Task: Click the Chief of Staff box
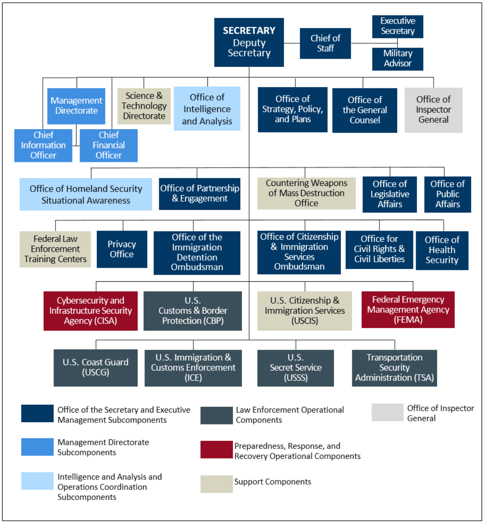click(x=325, y=43)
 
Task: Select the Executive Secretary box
click(x=397, y=26)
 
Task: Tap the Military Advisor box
click(x=397, y=59)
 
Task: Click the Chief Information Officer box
click(x=43, y=145)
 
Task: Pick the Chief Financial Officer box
click(x=109, y=145)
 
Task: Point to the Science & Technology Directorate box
click(x=144, y=106)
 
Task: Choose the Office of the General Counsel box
click(x=365, y=110)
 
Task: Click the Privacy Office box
click(x=122, y=249)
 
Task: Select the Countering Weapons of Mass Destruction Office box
click(x=306, y=193)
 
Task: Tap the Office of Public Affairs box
click(x=447, y=194)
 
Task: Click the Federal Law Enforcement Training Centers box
click(x=55, y=249)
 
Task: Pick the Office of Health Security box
click(x=442, y=250)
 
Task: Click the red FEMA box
click(x=408, y=310)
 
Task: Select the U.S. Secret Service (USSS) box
click(x=295, y=368)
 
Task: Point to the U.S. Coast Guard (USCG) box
click(x=95, y=367)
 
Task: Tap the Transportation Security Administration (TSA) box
click(x=394, y=368)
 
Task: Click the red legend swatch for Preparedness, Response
click(x=216, y=450)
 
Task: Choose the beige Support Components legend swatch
click(x=216, y=484)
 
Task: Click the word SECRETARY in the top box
click(x=249, y=31)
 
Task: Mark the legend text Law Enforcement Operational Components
click(x=290, y=415)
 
